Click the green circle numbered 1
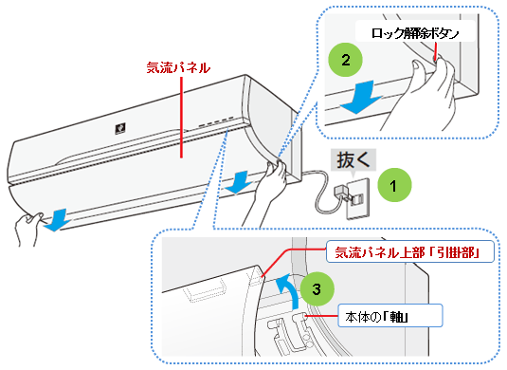394,185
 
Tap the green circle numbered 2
345,60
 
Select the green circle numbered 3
317,288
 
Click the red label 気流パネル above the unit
178,67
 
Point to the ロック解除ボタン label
415,33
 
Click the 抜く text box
353,159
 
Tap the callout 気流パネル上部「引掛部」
410,251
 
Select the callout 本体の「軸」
389,315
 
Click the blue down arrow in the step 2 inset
360,98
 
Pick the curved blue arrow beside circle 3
289,288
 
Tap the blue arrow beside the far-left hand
58,220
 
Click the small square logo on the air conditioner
120,128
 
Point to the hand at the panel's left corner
28,227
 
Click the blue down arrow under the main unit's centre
239,182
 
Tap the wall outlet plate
358,198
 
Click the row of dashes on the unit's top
216,121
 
